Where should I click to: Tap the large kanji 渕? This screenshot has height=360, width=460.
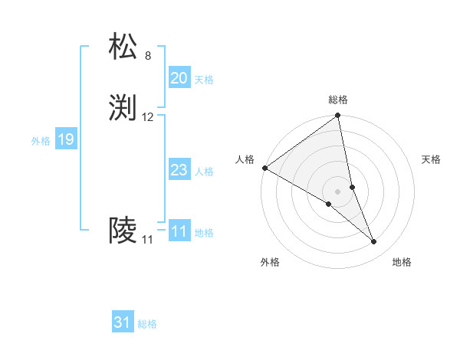point(123,107)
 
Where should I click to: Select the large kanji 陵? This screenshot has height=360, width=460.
point(123,230)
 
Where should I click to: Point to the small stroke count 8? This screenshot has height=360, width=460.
point(147,56)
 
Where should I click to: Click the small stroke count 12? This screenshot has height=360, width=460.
point(148,117)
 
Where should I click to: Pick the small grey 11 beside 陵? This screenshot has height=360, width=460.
point(147,240)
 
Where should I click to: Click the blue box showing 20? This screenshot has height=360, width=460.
point(179,78)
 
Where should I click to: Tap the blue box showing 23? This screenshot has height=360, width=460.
point(179,170)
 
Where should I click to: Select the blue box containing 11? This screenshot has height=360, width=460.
point(179,231)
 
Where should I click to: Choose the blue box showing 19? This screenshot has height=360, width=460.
point(65,139)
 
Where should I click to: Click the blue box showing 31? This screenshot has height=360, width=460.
point(122,322)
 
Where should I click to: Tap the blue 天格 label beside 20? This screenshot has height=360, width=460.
point(204,80)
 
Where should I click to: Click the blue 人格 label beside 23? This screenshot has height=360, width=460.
point(204,172)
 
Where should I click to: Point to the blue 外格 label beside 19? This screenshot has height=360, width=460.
point(41,141)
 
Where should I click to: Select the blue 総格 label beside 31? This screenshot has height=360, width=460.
point(147,324)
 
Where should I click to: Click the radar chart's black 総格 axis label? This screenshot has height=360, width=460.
point(338,100)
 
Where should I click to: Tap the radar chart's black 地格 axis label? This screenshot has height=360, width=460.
point(402,262)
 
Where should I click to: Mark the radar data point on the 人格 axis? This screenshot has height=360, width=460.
point(264,168)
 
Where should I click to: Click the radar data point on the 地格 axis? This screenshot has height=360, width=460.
point(374,242)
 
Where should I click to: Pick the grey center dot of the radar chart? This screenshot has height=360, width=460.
point(338,191)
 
